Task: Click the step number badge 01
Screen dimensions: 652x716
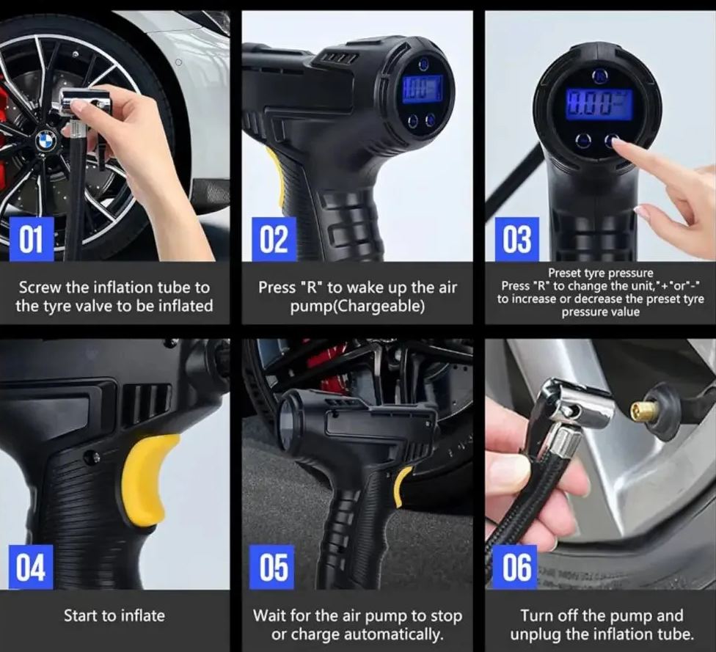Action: tap(31, 240)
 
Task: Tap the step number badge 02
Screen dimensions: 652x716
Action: tap(274, 240)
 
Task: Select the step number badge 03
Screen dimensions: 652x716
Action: tap(516, 240)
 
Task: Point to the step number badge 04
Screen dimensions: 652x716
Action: tap(31, 567)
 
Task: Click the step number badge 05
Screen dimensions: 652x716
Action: tap(274, 567)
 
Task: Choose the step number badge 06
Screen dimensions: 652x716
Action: tap(516, 567)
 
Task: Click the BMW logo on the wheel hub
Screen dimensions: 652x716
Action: tap(46, 139)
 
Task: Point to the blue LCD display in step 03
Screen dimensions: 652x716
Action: tap(599, 104)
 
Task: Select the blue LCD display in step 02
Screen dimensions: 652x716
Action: tap(421, 89)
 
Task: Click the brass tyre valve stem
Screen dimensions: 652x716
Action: tap(644, 411)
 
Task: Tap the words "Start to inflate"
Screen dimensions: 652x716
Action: tap(114, 615)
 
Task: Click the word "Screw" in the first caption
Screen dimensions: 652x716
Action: tap(42, 287)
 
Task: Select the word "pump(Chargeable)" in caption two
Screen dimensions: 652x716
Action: tap(357, 306)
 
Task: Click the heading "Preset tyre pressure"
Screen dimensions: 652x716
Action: tap(600, 273)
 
